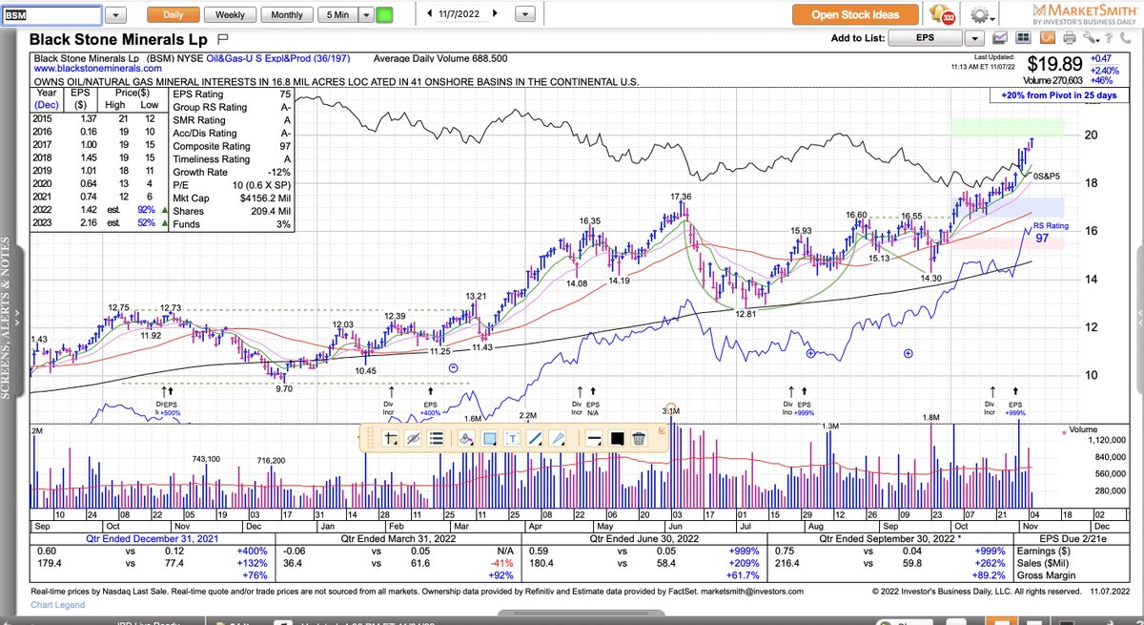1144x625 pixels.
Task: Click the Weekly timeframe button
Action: point(230,15)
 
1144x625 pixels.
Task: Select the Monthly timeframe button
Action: point(287,15)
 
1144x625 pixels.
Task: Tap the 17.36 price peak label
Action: point(680,197)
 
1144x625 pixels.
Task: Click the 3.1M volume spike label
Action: point(671,410)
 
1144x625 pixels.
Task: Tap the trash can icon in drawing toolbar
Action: point(639,438)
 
